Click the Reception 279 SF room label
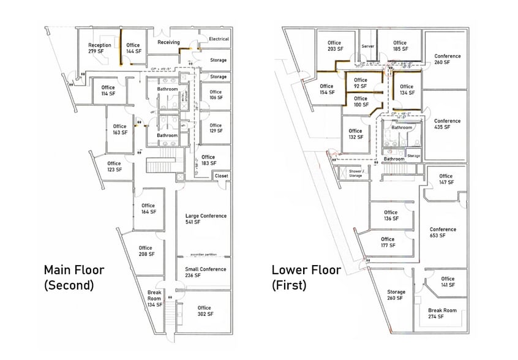(x=99, y=48)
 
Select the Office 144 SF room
(x=133, y=48)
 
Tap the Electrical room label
(x=219, y=39)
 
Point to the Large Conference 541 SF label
(x=206, y=219)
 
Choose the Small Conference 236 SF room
(x=206, y=272)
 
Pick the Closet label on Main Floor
(x=221, y=176)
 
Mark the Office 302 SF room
(x=204, y=311)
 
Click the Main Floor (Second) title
(x=74, y=277)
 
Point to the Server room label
(x=367, y=47)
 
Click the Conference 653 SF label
(x=443, y=233)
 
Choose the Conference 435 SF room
(x=446, y=124)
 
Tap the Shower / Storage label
(x=356, y=174)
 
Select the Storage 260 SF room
(x=395, y=295)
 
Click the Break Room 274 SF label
(x=443, y=314)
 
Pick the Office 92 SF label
(x=361, y=83)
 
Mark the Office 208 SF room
(x=146, y=251)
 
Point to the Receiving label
(x=168, y=42)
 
